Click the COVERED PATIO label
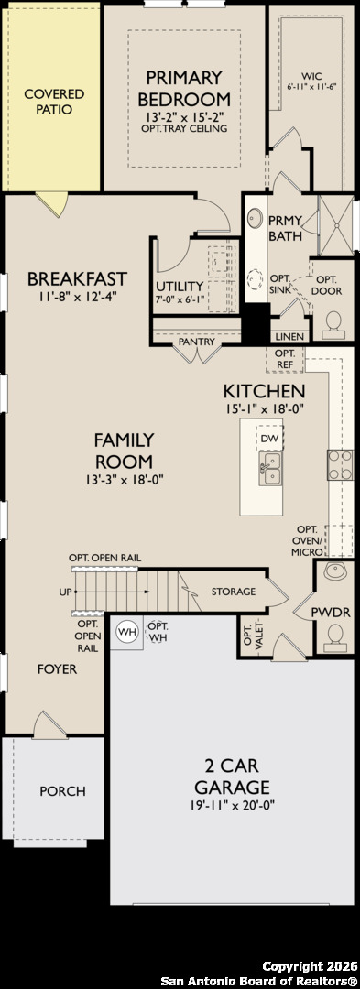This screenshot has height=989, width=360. pos(54,102)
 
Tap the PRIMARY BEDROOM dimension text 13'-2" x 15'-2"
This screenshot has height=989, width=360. pos(184,116)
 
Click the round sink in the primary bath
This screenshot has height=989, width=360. pos(254,218)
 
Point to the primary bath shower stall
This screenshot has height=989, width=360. pos(336,226)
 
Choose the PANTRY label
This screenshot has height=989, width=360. pos(197,342)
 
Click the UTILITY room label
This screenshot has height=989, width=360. pos(180,286)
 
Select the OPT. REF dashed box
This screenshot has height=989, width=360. pos(284,360)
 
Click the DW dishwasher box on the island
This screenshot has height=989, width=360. pos(270,438)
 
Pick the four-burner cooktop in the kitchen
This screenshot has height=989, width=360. pos(339,465)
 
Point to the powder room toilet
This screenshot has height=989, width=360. pos(334,637)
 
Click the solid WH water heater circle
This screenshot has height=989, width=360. pos(128,631)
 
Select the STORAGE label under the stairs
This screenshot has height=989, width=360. pos(234,592)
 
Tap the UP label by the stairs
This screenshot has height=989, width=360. pos(65,592)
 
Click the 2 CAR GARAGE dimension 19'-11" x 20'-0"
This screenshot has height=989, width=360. pos(232,804)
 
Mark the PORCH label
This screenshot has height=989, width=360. pos(62,791)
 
